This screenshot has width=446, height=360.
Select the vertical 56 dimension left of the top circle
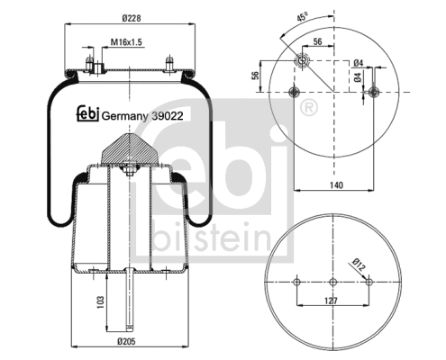point(255,76)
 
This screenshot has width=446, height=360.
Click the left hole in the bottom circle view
point(296,283)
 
